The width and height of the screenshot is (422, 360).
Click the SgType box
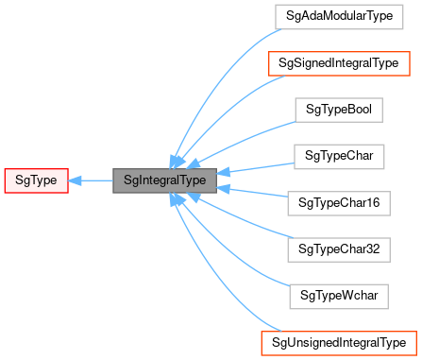(x=36, y=179)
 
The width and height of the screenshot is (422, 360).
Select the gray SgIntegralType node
(x=164, y=179)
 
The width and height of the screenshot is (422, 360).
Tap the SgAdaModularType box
(x=338, y=17)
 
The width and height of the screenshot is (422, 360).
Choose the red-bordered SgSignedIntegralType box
(x=338, y=63)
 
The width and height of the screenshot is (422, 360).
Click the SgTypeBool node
(x=338, y=110)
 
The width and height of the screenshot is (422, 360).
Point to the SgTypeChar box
(x=338, y=155)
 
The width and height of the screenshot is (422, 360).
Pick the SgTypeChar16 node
(x=338, y=201)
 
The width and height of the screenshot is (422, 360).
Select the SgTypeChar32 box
(x=338, y=248)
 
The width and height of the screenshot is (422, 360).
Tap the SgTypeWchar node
(x=338, y=294)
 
